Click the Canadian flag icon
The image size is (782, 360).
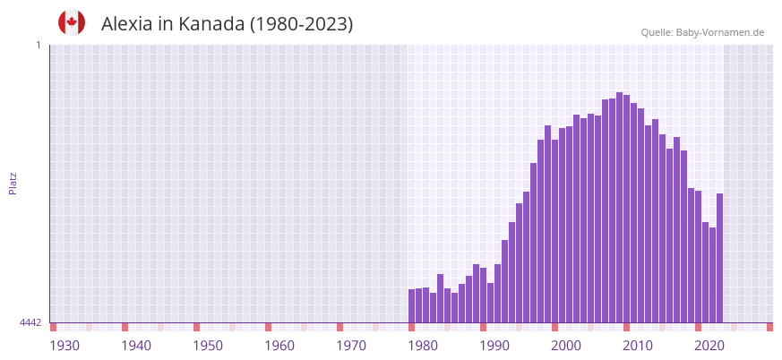tap(72, 22)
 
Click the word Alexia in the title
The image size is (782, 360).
tap(126, 24)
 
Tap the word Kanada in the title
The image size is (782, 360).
tap(210, 24)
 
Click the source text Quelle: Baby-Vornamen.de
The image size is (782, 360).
tap(702, 32)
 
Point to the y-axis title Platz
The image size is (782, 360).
tap(13, 183)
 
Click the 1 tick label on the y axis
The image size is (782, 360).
tap(38, 45)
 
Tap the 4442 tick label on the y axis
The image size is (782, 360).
tap(30, 322)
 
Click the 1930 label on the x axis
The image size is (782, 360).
tap(64, 346)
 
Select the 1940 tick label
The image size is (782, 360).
tap(136, 346)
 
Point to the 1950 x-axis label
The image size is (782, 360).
tap(208, 346)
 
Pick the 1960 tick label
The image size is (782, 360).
tap(279, 346)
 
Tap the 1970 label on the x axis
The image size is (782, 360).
tap(351, 346)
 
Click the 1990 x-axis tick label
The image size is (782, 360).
tap(494, 346)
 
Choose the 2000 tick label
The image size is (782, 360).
tap(566, 346)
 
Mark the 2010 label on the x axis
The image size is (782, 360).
tap(638, 346)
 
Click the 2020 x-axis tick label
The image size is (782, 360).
tap(709, 346)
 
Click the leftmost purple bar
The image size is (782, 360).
tap(412, 305)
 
